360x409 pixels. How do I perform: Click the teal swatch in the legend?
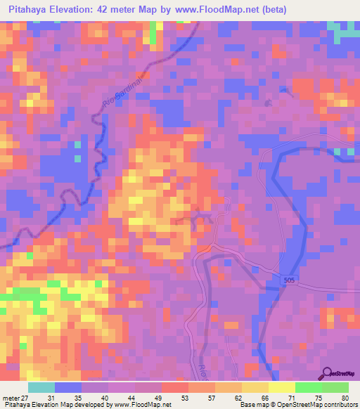(41, 387)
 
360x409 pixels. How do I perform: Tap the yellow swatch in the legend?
(281, 387)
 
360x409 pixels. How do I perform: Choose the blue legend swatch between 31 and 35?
(68, 387)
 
